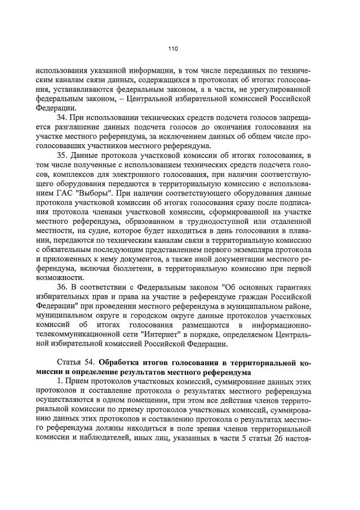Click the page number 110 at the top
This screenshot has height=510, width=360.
173,49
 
